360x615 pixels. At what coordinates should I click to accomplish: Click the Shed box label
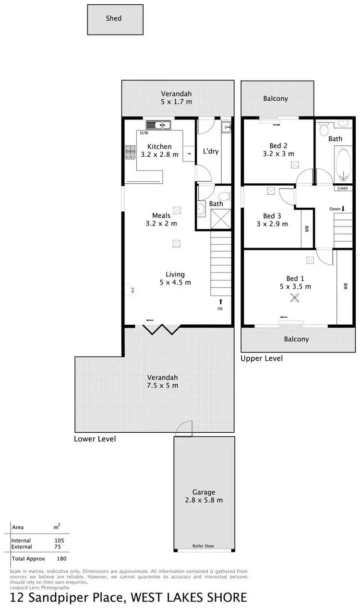114,19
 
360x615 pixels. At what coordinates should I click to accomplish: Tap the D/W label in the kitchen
144,133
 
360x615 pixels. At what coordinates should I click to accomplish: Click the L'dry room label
211,151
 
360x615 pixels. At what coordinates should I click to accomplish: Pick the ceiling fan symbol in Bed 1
294,298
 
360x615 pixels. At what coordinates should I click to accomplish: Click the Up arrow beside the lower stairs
220,302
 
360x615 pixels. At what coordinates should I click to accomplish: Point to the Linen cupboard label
343,188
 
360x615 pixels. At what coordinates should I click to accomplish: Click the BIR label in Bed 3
306,229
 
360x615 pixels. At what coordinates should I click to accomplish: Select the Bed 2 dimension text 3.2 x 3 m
278,154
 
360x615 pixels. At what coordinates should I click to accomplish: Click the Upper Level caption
262,358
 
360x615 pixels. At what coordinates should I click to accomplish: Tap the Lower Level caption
95,438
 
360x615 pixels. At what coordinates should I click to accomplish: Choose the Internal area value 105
60,540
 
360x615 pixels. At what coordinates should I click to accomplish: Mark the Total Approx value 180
61,558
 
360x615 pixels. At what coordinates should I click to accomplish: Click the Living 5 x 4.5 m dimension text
175,282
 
